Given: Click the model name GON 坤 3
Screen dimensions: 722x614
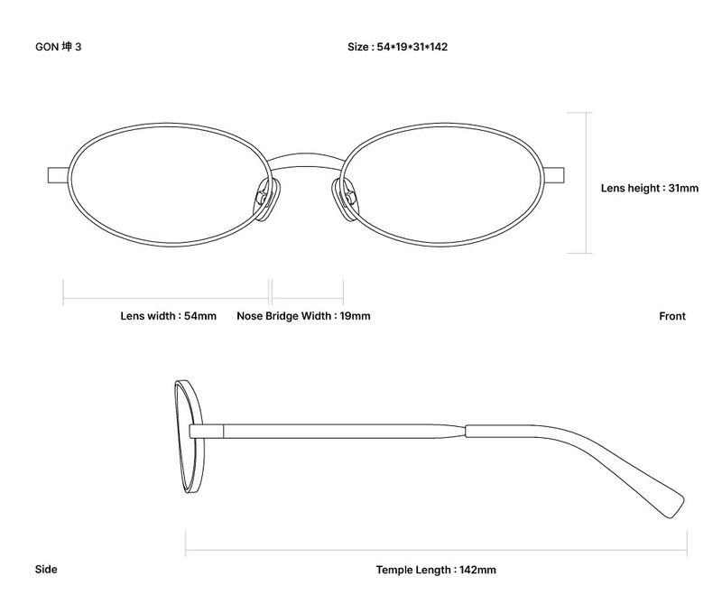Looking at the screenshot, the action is (58, 47).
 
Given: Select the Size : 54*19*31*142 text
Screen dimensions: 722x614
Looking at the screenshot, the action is (397, 47).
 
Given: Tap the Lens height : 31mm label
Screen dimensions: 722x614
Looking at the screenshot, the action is (649, 188).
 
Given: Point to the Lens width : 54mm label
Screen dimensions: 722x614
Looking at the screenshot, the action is (168, 316).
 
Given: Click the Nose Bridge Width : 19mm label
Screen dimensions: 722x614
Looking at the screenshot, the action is (303, 316).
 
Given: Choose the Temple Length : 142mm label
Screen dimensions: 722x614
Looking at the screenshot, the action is (436, 570).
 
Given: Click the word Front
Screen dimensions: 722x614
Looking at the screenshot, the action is (672, 316).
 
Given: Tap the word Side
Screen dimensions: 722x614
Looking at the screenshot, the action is (46, 570).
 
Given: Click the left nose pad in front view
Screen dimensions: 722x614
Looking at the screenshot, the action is (266, 200).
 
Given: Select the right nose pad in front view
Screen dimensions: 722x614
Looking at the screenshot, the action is (345, 200).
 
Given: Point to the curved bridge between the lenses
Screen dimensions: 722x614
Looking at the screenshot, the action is (305, 161).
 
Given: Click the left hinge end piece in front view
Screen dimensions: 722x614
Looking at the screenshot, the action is (59, 175).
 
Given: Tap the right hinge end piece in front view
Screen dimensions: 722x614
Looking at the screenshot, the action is (554, 175).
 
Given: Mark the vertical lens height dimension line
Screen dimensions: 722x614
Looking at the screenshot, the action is (586, 183).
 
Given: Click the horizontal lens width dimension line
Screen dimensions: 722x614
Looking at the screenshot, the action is (166, 299).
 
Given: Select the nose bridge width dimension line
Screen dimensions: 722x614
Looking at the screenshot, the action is (308, 299).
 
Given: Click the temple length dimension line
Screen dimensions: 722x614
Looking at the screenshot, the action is (436, 550).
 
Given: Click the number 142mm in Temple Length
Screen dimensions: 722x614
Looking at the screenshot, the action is (477, 570).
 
